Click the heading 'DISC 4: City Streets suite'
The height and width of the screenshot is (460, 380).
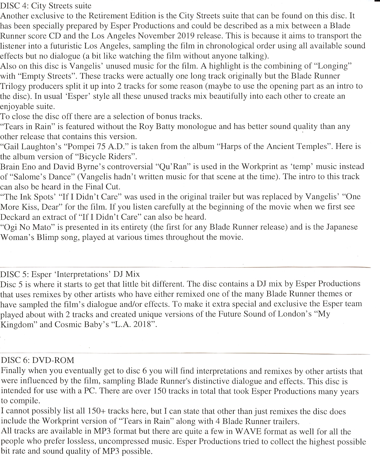coord(46,5)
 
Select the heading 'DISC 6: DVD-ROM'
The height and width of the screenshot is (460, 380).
coord(37,360)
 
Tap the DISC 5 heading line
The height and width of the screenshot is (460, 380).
coord(70,274)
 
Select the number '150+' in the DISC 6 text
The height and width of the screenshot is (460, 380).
coord(97,411)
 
